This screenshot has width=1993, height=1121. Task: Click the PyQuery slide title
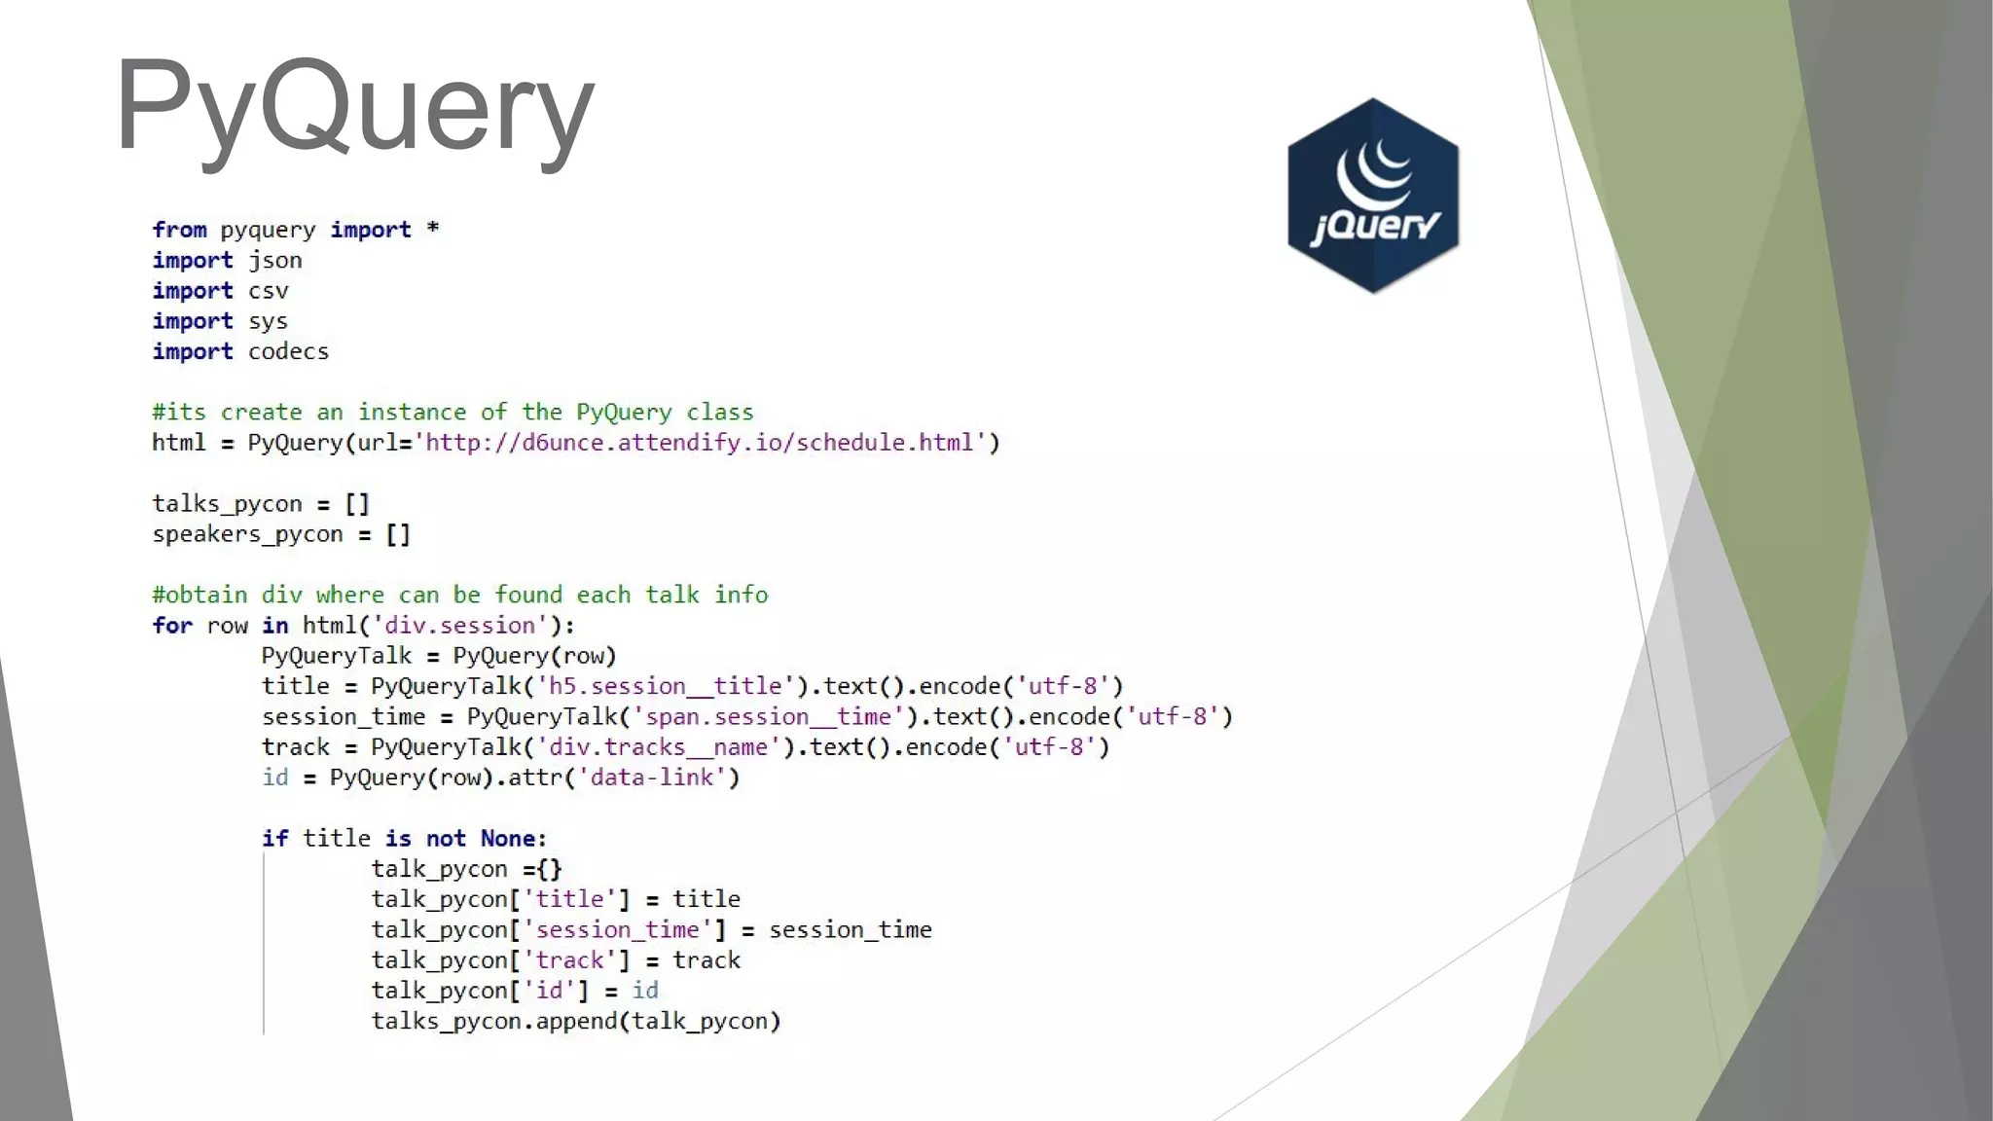[x=354, y=105]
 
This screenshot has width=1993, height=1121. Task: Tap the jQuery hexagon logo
[x=1372, y=196]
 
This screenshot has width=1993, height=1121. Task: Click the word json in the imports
[x=275, y=261]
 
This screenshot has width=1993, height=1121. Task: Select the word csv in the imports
[x=269, y=291]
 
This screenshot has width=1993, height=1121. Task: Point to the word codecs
[x=288, y=351]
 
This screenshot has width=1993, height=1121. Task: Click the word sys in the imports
[x=268, y=321]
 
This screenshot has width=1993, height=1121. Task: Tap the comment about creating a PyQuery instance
[x=453, y=413]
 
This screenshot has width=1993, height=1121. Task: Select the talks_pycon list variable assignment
[x=261, y=504]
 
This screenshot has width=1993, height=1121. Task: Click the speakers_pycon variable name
[x=247, y=534]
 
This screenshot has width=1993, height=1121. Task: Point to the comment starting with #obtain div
[x=459, y=595]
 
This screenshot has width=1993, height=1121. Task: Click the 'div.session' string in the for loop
[x=460, y=625]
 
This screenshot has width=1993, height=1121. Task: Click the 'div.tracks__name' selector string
[x=659, y=747]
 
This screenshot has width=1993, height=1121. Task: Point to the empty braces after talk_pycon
[x=549, y=869]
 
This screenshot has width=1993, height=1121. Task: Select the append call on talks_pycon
[x=576, y=1021]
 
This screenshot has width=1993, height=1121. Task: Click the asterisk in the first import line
[x=433, y=229]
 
